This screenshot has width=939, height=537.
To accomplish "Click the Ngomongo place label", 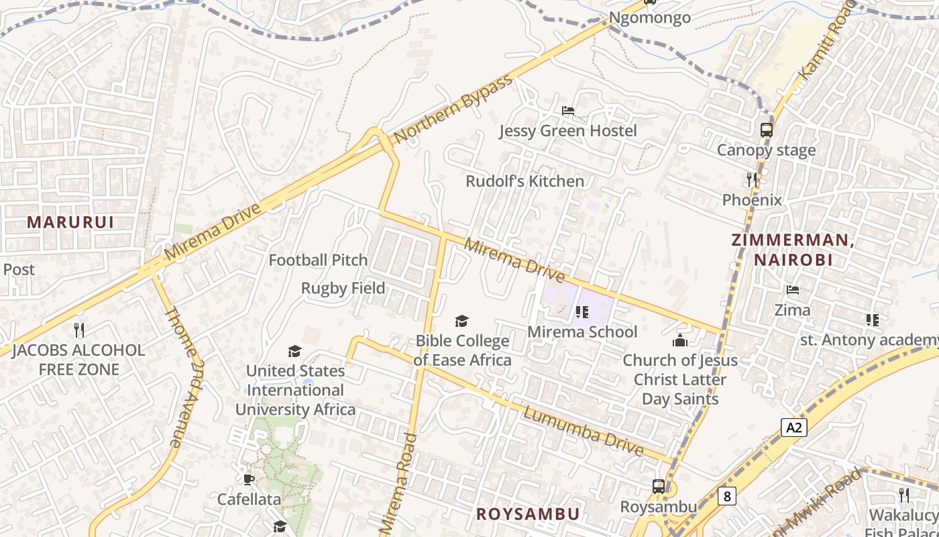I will click(649, 17).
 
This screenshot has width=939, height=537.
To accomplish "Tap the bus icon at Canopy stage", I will click(767, 130).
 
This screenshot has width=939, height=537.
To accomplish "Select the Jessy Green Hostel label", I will click(567, 130).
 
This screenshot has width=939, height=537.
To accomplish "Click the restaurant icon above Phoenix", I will click(752, 179).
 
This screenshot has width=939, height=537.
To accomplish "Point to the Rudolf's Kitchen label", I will click(524, 181).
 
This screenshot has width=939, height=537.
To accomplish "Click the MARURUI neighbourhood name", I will click(70, 222).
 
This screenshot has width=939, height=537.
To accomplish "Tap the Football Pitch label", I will click(318, 260).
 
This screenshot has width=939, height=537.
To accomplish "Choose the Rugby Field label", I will click(343, 289).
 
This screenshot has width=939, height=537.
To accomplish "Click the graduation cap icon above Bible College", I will click(461, 321).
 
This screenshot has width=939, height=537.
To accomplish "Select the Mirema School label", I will click(582, 332).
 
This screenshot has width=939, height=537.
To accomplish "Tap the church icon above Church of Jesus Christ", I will click(680, 340).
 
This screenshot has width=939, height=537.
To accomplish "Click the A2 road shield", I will click(793, 427).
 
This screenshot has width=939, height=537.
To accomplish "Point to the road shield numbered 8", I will click(726, 496).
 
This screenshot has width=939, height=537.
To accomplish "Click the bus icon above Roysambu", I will click(659, 486).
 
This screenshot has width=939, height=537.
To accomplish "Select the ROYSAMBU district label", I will click(527, 514).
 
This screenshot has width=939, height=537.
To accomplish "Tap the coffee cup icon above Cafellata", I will click(249, 479).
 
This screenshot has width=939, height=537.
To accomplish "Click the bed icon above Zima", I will click(793, 290).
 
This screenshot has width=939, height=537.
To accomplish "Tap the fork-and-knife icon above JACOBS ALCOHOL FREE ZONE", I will click(78, 330).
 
